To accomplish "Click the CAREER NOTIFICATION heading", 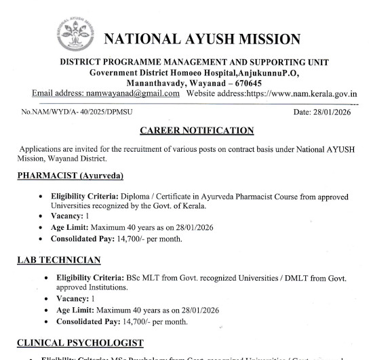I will [196, 129].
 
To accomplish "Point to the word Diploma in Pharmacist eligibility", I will [140, 196].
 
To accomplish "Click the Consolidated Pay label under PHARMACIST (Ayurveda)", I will [87, 238].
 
